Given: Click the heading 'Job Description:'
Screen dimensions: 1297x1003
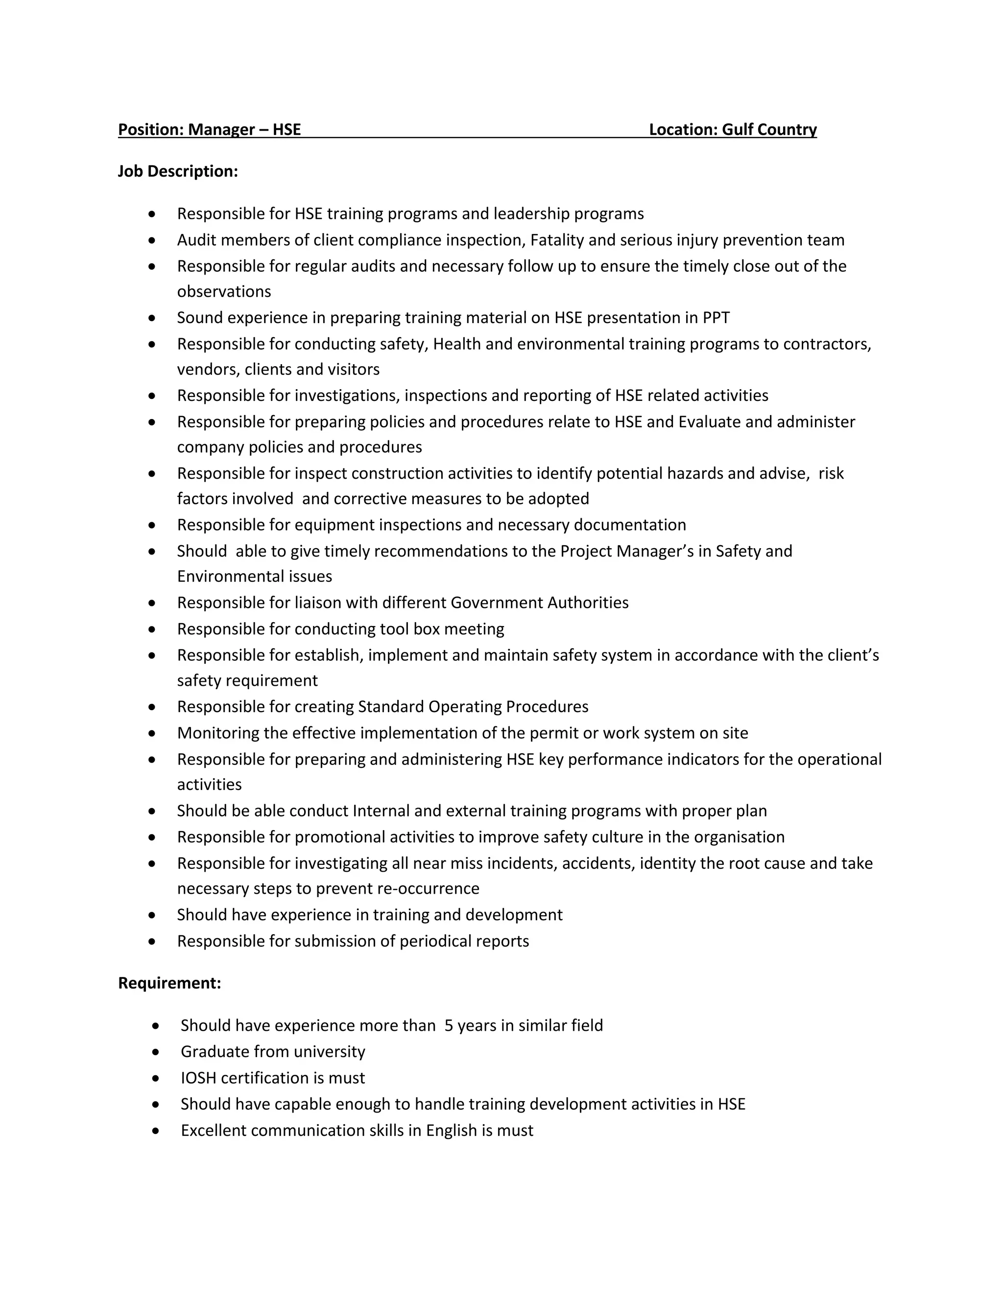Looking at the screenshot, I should (x=178, y=172).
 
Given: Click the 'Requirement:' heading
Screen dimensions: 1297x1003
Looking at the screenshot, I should (x=169, y=983).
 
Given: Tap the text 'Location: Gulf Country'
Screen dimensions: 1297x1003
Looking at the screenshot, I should (x=732, y=130).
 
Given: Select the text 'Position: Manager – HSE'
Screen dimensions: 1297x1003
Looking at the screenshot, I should (x=209, y=130).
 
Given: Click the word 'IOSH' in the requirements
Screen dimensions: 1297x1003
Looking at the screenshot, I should (x=198, y=1078).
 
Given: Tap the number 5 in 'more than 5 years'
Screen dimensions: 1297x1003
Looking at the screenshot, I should (x=449, y=1025).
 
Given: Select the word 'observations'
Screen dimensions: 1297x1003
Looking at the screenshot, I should (x=223, y=292).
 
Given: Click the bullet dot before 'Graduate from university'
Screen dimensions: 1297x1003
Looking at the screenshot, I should (x=156, y=1052).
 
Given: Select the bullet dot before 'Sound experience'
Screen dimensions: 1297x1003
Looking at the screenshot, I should (x=152, y=318).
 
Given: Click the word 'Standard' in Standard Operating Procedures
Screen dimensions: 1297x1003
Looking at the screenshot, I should (x=390, y=707).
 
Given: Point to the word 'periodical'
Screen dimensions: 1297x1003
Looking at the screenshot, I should (x=435, y=941).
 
